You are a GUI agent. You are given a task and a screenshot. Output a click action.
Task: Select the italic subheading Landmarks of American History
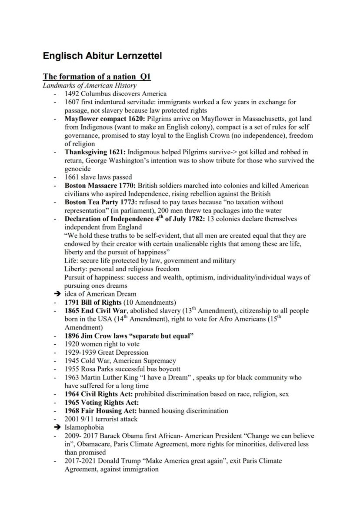pos(90,86)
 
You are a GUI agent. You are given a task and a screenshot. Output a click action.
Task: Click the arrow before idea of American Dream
pos(57,294)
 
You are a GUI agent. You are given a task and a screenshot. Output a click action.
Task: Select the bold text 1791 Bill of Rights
pos(93,302)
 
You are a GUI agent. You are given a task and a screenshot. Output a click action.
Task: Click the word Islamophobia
pos(84,427)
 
